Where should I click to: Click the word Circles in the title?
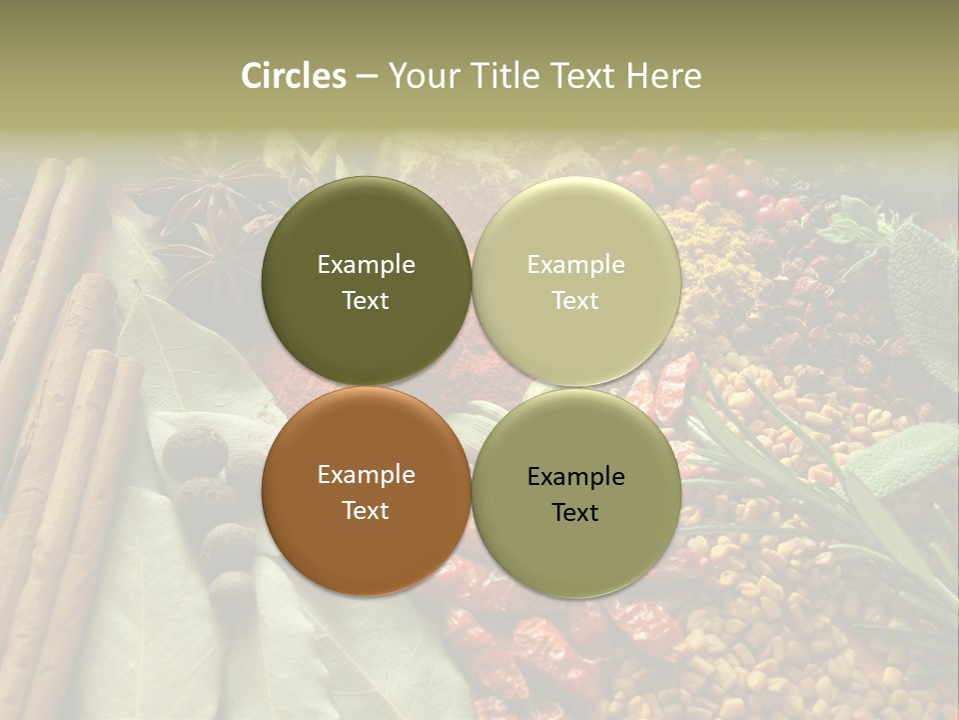coord(294,76)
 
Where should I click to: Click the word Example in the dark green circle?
coord(366,265)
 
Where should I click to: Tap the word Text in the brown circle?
coord(366,510)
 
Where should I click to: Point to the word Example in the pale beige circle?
coord(576,265)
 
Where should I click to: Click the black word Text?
coord(575,512)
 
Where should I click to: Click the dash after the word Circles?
coord(366,77)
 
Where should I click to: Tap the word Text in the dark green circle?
coord(366,300)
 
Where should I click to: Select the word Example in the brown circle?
coord(366,475)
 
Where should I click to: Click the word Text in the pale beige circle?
coord(575,300)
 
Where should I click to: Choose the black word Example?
coord(576,477)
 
